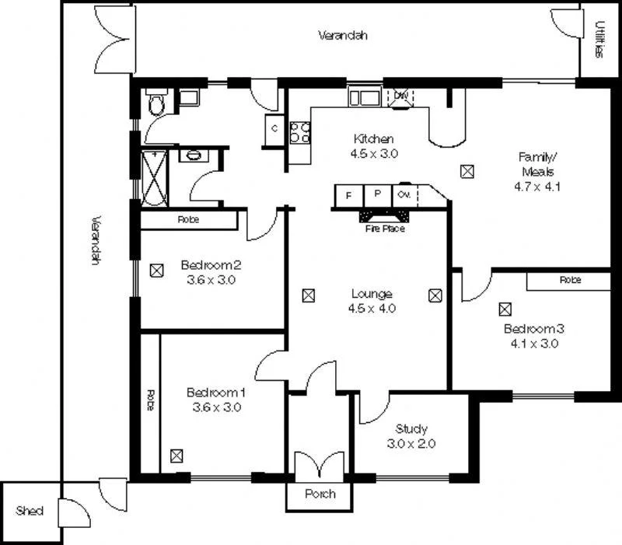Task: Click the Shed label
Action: pos(30,511)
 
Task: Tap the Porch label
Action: pos(320,494)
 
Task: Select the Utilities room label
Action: pos(599,40)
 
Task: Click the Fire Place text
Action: pos(385,229)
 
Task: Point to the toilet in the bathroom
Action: pos(155,105)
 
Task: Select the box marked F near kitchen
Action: pos(349,194)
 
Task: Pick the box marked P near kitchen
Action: pos(377,194)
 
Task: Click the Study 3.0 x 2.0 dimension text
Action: pos(411,444)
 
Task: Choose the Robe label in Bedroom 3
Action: pos(571,280)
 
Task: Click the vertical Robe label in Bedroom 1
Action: pos(150,400)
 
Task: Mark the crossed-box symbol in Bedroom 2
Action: pos(156,271)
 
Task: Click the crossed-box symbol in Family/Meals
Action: pos(466,171)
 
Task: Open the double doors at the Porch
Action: pos(320,465)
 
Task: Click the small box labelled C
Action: pos(275,129)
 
